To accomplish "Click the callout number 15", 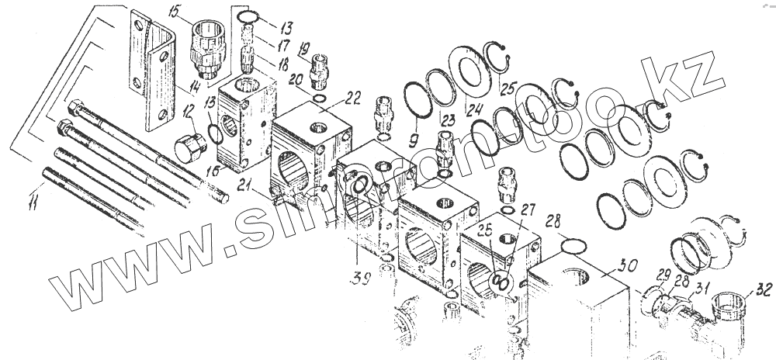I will (x=172, y=13).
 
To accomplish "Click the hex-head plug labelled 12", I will (x=191, y=149).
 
